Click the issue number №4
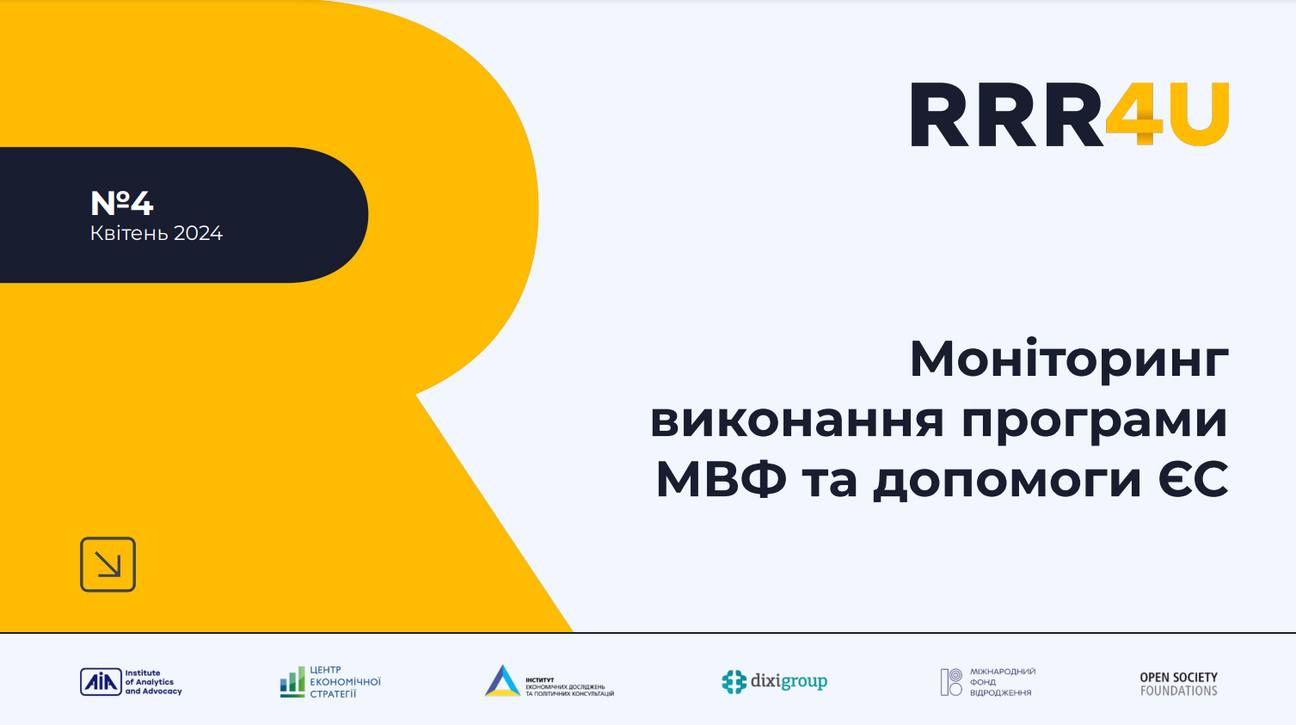[121, 203]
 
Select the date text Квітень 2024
[156, 233]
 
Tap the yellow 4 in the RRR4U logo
[1133, 114]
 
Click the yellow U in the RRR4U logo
[1199, 114]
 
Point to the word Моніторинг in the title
[1069, 359]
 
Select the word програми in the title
[1094, 421]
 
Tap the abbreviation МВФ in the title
[721, 479]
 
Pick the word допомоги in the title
[1007, 481]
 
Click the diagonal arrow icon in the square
[107, 564]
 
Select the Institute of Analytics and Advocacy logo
[131, 682]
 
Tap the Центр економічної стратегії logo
[330, 682]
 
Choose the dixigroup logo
[774, 681]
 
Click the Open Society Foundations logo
[1178, 684]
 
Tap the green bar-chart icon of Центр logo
[292, 681]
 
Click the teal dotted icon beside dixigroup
[734, 682]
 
